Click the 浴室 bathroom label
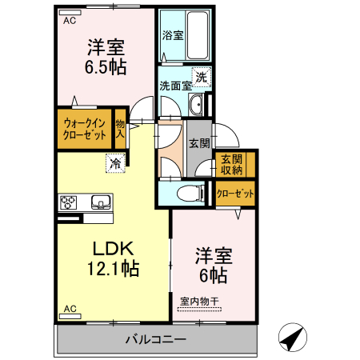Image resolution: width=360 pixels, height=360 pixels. tap(173, 35)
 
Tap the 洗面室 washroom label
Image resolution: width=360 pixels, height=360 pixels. tap(174, 86)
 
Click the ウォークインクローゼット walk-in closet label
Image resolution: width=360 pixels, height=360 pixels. tap(84, 129)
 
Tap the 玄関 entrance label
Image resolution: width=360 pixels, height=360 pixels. tap(199, 143)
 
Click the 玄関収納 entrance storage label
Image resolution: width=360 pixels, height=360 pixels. tap(232, 164)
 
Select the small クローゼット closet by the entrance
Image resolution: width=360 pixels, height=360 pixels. tap(235, 194)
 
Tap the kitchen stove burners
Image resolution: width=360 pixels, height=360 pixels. tap(67, 201)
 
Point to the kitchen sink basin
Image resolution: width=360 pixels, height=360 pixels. tap(101, 201)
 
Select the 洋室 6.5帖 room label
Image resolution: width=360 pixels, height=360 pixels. tap(105, 57)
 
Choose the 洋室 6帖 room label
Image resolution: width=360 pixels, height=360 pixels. tap(211, 266)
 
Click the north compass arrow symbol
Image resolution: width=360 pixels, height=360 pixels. tap(293, 338)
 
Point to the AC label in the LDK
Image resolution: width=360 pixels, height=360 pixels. tap(69, 308)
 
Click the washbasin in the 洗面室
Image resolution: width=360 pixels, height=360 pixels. tap(198, 103)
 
